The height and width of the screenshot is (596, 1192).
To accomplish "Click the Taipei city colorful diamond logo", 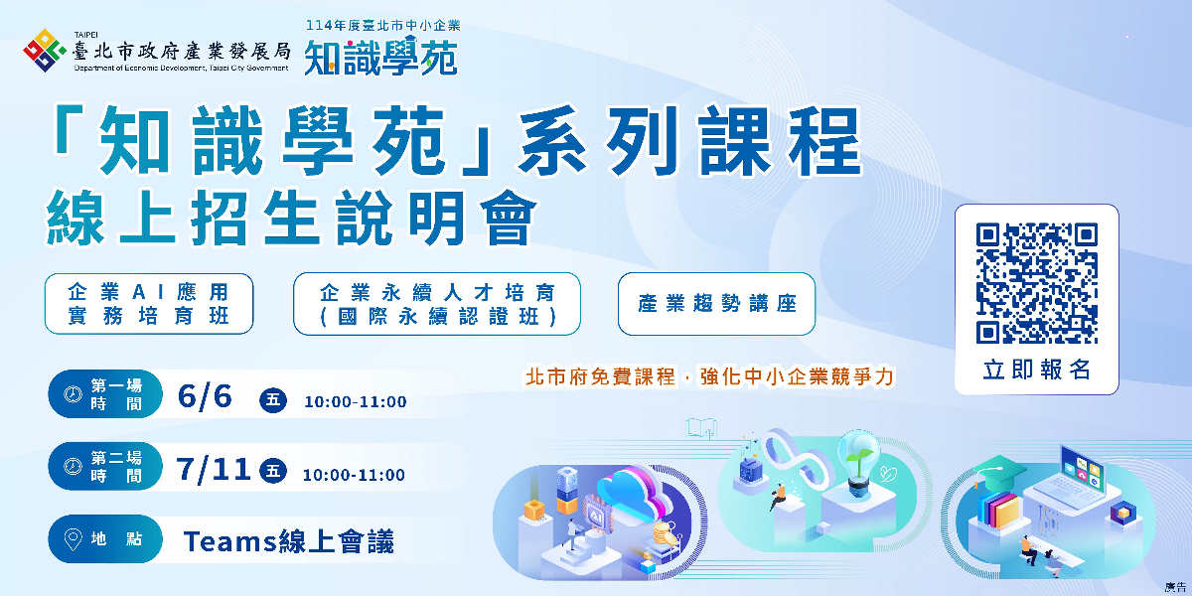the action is [44, 51].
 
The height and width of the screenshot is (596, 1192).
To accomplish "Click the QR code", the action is [1037, 283].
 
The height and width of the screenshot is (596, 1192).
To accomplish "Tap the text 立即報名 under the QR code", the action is [1037, 370].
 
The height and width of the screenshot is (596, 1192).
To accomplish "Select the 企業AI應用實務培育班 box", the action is [149, 304].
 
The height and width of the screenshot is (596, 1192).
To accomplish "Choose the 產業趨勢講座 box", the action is [716, 304].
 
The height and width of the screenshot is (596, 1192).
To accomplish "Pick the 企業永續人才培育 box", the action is [437, 304].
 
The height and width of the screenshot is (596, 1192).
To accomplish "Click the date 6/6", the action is [205, 396].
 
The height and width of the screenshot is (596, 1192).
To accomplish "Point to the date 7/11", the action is [214, 470].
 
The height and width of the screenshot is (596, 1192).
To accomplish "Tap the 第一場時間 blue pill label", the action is [105, 394].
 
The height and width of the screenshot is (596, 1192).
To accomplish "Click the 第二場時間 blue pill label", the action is [105, 467].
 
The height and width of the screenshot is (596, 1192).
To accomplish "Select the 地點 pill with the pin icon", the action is [105, 539].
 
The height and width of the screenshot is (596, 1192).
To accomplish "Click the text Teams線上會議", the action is [288, 541].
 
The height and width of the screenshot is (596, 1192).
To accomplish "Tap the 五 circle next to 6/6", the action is [273, 400].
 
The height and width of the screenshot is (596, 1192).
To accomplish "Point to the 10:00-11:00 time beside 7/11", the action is [354, 475].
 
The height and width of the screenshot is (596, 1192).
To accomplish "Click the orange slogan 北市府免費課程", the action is [600, 376].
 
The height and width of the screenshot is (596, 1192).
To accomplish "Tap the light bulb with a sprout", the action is [858, 462].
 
